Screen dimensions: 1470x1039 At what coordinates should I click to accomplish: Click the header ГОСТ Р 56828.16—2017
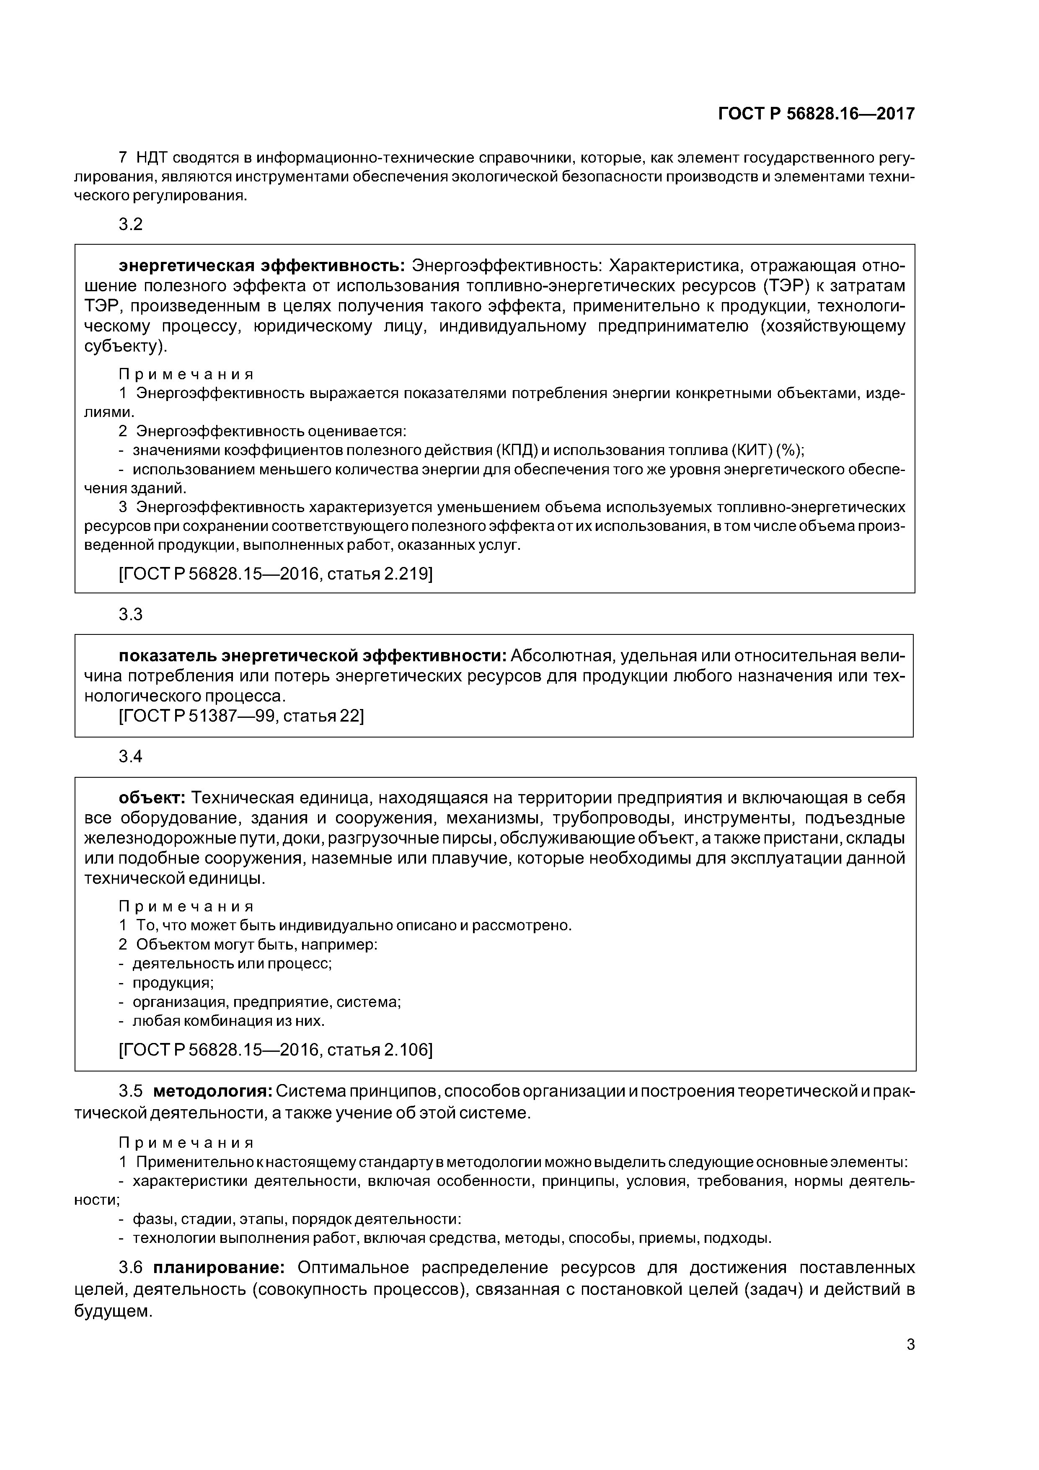click(816, 114)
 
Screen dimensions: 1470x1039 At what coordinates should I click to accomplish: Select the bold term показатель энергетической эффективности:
click(313, 656)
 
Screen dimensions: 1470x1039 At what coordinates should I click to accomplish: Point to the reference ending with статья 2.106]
click(276, 1050)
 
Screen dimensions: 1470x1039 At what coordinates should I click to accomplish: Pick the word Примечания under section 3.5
click(186, 1143)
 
